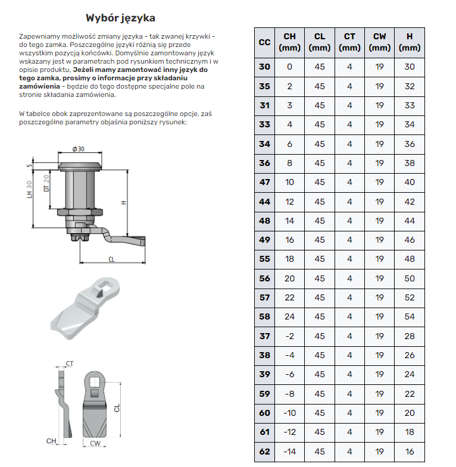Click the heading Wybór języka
(120, 18)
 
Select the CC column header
(265, 42)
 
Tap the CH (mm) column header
(289, 42)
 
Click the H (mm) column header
(409, 42)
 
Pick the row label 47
(265, 182)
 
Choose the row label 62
(265, 452)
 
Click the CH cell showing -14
(289, 452)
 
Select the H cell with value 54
(409, 316)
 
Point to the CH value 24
(289, 316)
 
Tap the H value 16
(409, 452)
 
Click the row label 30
(265, 67)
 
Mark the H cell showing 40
(409, 182)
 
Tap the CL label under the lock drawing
(112, 259)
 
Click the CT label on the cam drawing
(70, 363)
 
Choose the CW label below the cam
(94, 443)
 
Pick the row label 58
(265, 316)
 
